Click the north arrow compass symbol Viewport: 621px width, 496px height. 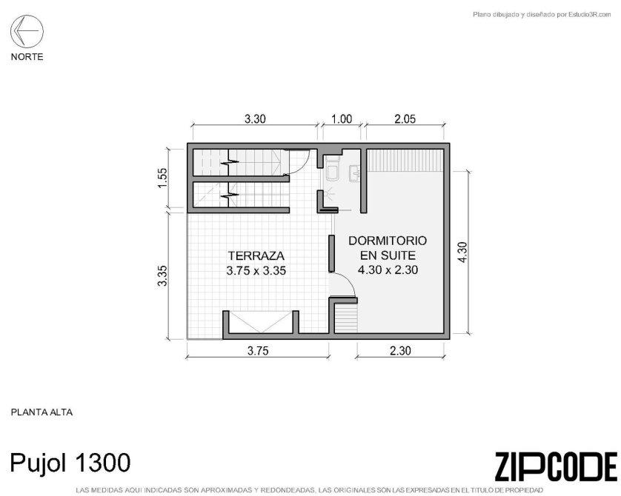coord(27,31)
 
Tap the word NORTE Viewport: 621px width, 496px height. coord(27,57)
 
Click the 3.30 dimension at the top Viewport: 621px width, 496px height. coord(255,118)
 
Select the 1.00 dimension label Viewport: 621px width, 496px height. coord(342,118)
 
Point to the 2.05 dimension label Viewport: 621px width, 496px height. coord(405,118)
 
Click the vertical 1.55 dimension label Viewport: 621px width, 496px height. coord(163,178)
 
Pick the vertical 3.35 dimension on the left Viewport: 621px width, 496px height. coord(163,275)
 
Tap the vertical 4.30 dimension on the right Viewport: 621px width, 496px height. coord(462,252)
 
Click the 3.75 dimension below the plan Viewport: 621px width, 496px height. coord(258,351)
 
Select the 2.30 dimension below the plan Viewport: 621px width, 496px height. coord(400,351)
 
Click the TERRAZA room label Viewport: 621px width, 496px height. coord(256,255)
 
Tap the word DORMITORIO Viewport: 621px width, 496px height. coord(388,241)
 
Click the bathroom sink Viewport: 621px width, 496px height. coord(354,174)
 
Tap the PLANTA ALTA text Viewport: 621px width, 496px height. coord(41,412)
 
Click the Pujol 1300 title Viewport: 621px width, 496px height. coord(70,463)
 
